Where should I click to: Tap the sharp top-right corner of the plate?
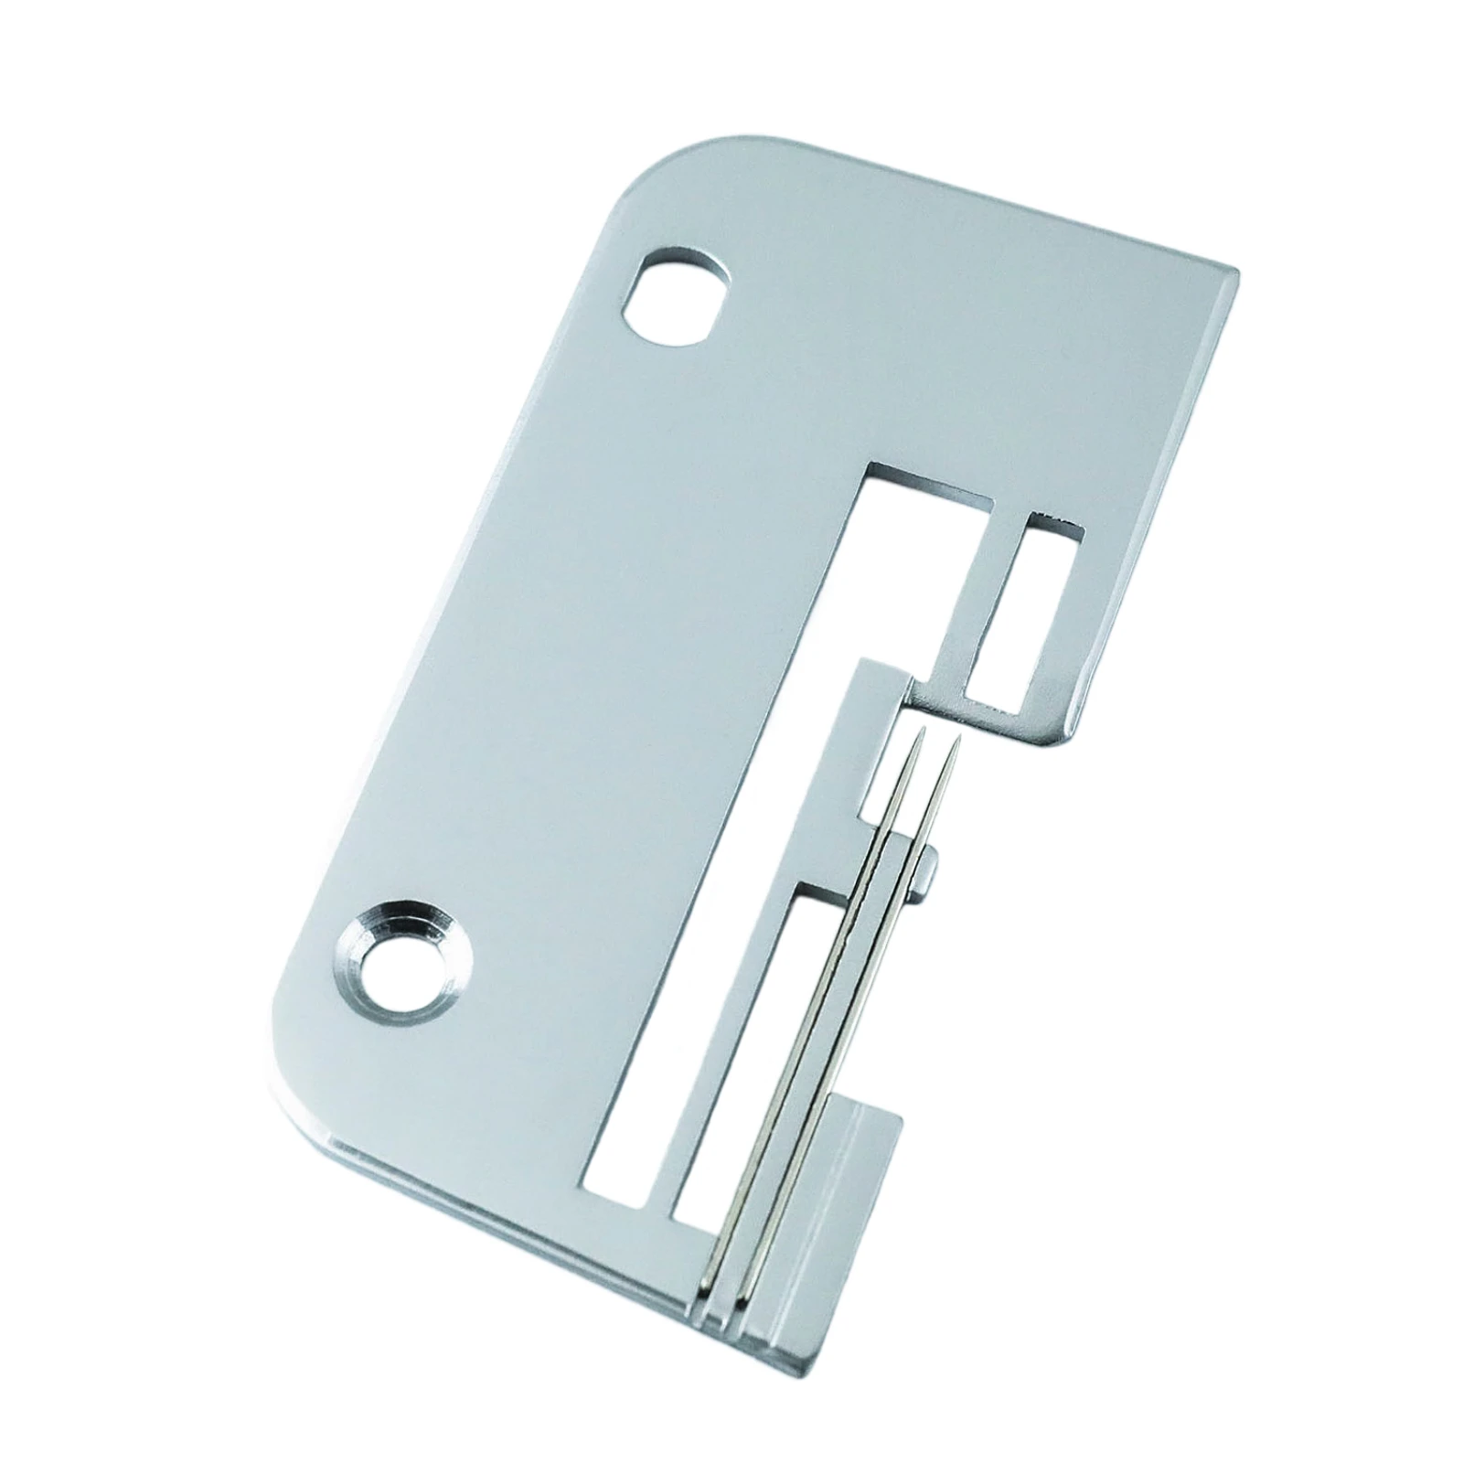pyautogui.click(x=1236, y=270)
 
